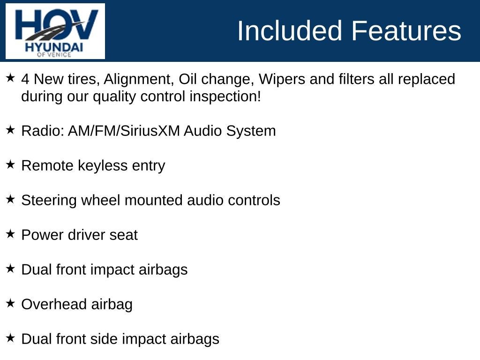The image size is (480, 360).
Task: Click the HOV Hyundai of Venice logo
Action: [x=55, y=31]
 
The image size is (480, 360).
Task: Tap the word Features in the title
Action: [x=406, y=31]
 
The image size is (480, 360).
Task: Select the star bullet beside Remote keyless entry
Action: [x=10, y=164]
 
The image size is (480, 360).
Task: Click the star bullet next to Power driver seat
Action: [x=10, y=233]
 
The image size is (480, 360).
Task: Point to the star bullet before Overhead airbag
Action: [x=10, y=303]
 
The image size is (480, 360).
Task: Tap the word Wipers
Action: [x=282, y=79]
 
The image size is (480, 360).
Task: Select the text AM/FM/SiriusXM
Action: [x=124, y=131]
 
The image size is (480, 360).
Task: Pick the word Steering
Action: [x=49, y=200]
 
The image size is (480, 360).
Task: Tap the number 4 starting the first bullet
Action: [x=25, y=79]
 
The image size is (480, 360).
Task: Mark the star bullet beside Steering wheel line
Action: [x=10, y=199]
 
